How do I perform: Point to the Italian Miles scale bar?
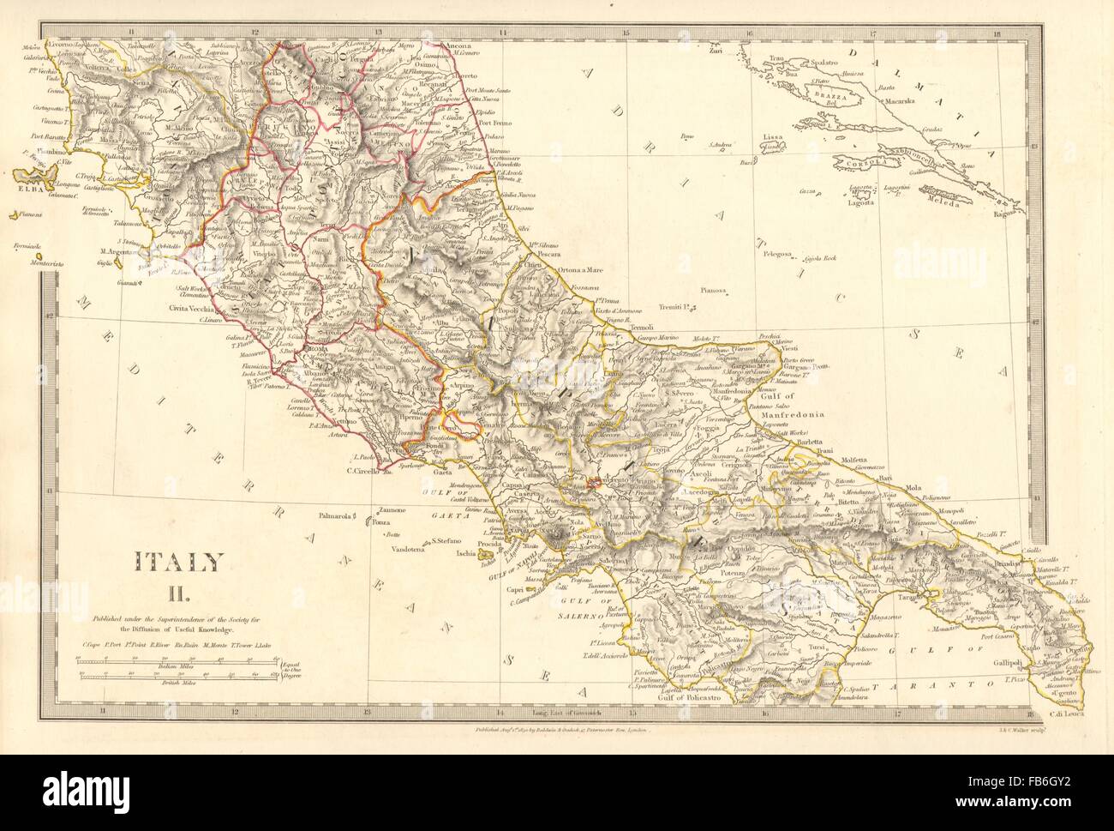click(x=178, y=660)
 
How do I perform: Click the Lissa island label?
click(x=776, y=136)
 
